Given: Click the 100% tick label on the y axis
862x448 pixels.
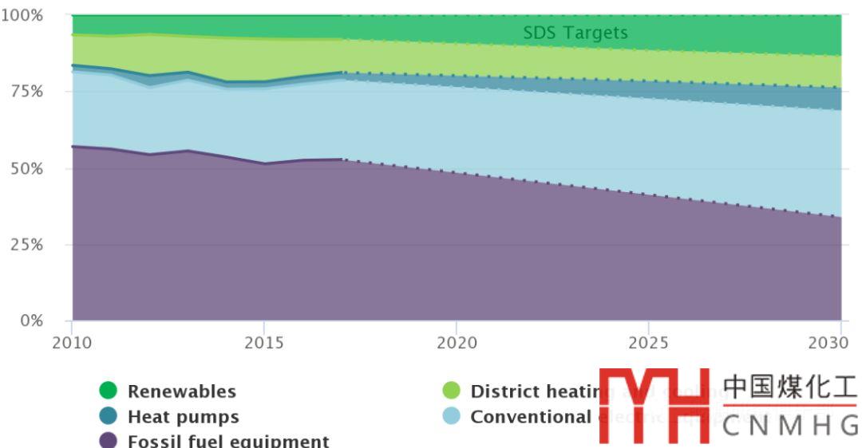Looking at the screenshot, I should point(22,15).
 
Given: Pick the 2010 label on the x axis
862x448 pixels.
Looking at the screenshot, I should point(72,342).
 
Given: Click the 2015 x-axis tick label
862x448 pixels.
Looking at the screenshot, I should point(264,342).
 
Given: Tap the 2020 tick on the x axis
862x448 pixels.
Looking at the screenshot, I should point(457,342).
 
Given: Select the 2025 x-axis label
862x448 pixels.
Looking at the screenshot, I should point(649,342).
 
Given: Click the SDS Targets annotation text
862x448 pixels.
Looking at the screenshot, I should point(575,33).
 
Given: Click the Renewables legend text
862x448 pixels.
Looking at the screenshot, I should point(182,391).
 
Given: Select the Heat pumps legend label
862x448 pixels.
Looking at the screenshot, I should point(183,416).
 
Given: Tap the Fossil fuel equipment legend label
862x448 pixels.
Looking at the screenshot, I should point(228,441).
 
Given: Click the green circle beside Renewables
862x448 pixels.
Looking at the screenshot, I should point(109,391).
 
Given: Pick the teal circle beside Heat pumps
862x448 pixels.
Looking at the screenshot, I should point(109,416).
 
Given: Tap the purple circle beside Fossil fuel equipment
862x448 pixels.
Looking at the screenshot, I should point(109,441).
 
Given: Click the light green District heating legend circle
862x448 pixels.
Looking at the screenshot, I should point(452,391).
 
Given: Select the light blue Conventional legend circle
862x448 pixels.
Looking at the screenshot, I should point(452,416).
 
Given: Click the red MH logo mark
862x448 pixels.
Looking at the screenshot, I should point(654,405).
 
